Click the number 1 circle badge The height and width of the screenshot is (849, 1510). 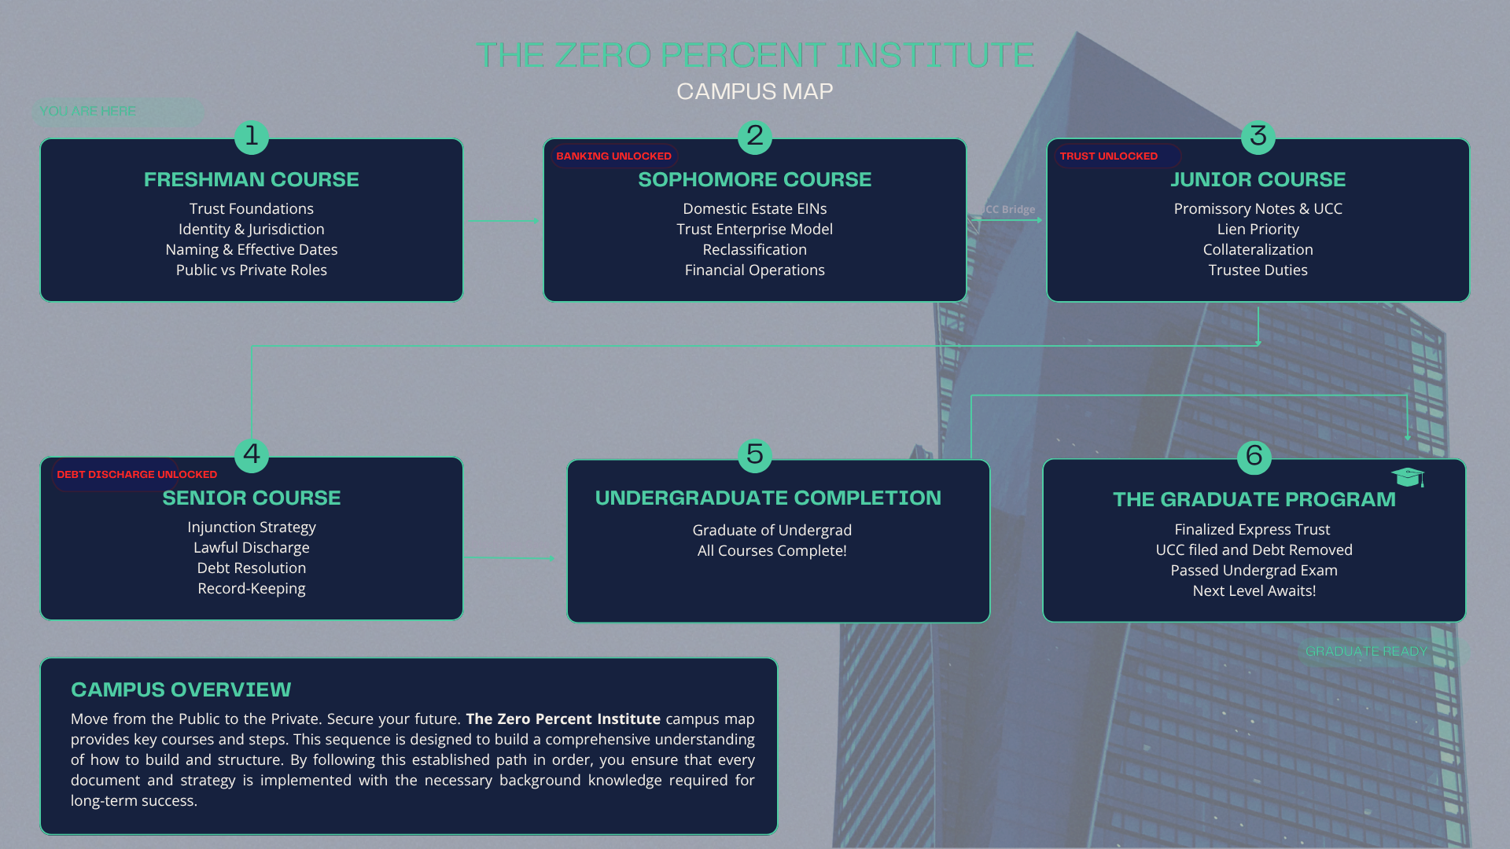tap(252, 137)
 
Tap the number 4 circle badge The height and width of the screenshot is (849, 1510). tap(252, 455)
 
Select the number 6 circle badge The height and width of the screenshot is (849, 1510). tap(1254, 457)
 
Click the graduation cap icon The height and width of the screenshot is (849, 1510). tap(1408, 476)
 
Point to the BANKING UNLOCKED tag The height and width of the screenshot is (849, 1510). tap(613, 156)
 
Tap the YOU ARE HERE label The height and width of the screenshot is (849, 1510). tap(88, 111)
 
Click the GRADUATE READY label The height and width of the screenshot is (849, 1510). tap(1366, 651)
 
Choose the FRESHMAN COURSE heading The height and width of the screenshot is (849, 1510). tap(252, 179)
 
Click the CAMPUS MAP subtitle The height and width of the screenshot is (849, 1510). tap(755, 91)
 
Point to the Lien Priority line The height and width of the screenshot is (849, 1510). tap(1258, 229)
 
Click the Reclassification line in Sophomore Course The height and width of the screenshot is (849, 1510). tap(755, 249)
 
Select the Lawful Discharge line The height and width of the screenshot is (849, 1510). tap(252, 547)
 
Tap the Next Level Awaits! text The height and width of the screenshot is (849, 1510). tap(1254, 590)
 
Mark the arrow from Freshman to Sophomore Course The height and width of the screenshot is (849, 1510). tap(503, 220)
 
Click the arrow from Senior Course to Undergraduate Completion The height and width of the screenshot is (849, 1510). tap(510, 558)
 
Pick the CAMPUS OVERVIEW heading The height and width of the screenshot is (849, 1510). tap(181, 689)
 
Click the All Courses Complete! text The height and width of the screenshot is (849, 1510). tap(772, 550)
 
